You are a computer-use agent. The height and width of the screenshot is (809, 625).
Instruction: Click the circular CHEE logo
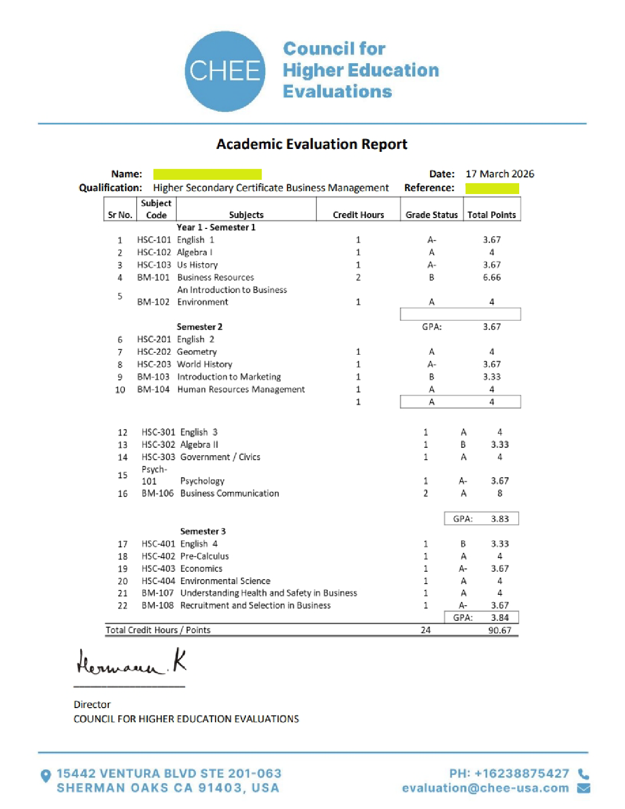coord(225,71)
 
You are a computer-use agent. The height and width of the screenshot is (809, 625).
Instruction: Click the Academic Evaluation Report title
coord(312,144)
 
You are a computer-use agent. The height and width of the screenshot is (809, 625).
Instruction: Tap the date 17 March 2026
coord(500,174)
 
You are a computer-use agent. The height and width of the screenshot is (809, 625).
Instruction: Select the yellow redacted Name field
coord(207,174)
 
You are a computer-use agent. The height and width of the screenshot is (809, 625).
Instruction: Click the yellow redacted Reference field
coord(492,188)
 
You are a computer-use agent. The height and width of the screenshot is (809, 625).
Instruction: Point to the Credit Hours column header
coord(358,215)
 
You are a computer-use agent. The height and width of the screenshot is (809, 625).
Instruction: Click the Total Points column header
coord(491,215)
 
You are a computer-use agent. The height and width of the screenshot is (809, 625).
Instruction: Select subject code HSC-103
coord(154,265)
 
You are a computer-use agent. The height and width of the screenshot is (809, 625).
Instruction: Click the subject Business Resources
coord(216,277)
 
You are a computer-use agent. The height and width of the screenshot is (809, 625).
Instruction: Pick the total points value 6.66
coord(492,277)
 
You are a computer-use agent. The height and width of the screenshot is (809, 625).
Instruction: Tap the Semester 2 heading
coord(199,327)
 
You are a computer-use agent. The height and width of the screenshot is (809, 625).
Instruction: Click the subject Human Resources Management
coord(241,390)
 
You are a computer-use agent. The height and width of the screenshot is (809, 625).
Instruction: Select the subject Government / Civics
coord(220,457)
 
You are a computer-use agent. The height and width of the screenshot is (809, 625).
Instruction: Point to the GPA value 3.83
coord(500,519)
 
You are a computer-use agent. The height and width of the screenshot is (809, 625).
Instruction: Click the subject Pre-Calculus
coord(204,556)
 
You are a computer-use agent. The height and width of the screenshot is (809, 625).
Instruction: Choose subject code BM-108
coord(158,606)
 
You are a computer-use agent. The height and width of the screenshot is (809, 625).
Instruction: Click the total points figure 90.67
coord(500,630)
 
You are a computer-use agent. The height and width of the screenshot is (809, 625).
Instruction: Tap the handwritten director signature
coord(131,662)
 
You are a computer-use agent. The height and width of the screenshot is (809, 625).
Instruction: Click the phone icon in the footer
coord(583,774)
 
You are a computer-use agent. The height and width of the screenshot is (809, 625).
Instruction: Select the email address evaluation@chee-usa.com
coord(485,788)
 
